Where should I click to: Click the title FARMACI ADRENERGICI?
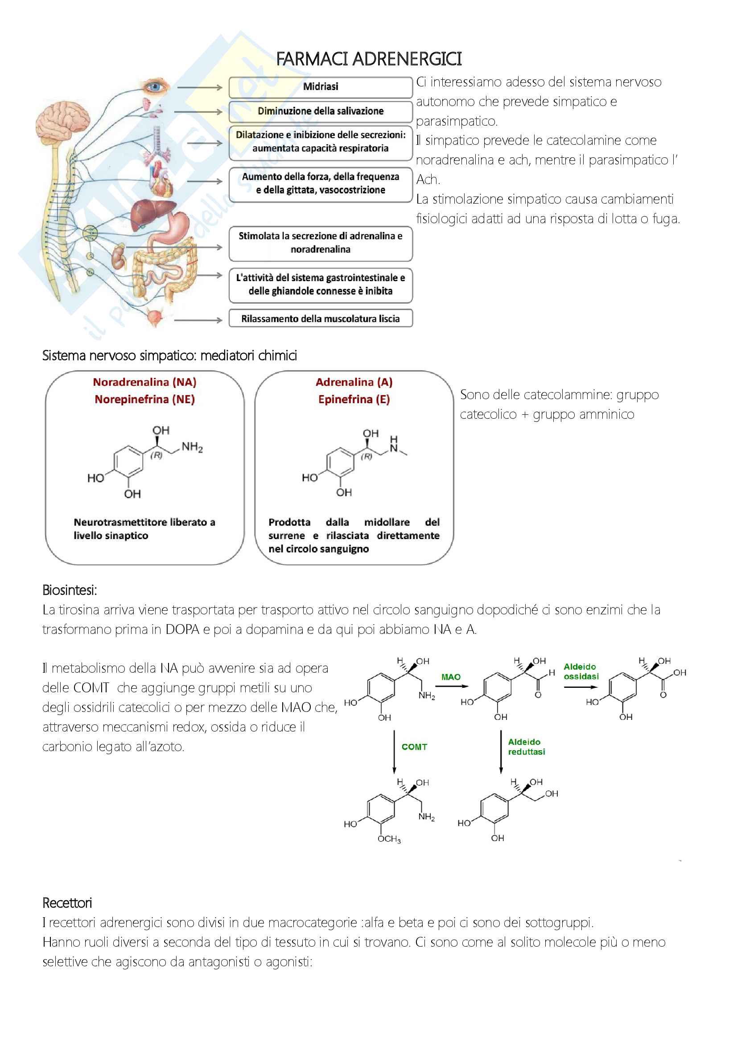point(368,59)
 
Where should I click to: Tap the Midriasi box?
point(320,87)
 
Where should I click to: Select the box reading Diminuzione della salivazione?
point(320,111)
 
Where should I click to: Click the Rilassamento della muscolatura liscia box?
point(320,319)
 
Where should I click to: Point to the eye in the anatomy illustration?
point(156,86)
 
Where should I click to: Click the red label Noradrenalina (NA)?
point(144,382)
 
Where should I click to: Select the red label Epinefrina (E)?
point(354,399)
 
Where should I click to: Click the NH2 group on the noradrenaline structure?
point(192,447)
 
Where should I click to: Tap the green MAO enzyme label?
point(450,677)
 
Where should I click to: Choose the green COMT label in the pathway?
point(414,747)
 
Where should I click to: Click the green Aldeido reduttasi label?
point(526,747)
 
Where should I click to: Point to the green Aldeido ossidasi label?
point(581,671)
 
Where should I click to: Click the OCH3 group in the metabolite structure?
point(389,839)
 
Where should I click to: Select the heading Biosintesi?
point(70,590)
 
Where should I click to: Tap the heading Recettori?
point(67,903)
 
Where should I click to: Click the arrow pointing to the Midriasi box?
point(199,87)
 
